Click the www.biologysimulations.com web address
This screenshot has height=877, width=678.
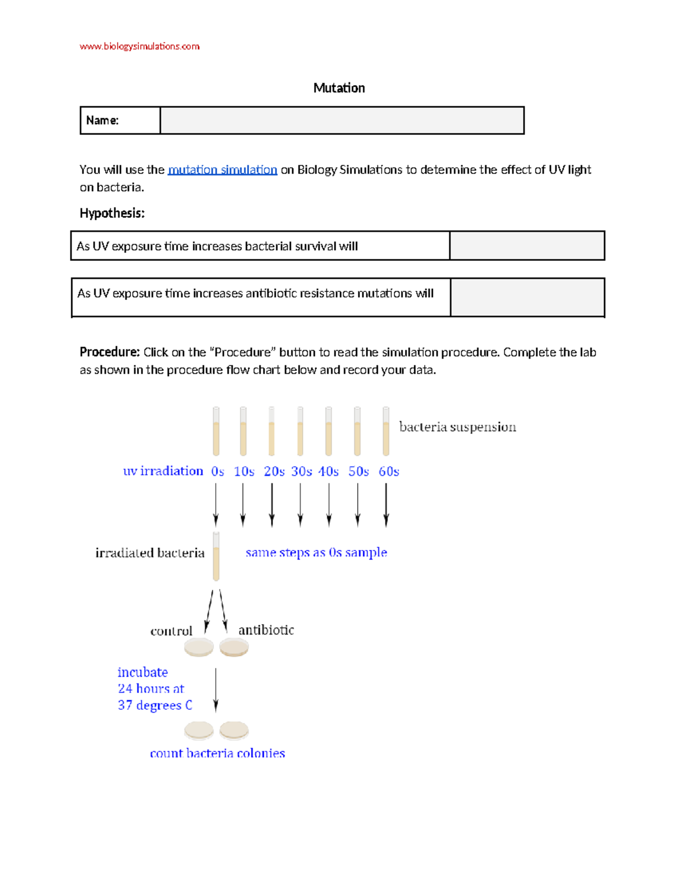click(139, 46)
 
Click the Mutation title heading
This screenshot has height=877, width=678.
click(339, 88)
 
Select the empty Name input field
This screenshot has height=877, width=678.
click(342, 120)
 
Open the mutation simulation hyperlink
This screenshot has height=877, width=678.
click(222, 169)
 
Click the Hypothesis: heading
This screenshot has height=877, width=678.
click(112, 213)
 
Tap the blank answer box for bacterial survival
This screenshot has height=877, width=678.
click(527, 246)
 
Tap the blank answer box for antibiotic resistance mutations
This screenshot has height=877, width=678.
click(527, 297)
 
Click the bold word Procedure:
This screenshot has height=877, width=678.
click(110, 352)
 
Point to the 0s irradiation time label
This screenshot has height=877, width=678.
click(218, 471)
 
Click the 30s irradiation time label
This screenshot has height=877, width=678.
click(301, 471)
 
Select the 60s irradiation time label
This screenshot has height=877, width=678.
click(389, 471)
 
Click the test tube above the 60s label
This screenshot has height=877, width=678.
click(386, 431)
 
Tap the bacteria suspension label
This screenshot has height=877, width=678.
click(457, 427)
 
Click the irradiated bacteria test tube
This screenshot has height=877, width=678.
click(216, 556)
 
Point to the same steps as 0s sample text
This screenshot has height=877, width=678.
click(316, 552)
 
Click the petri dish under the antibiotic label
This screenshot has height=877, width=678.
click(234, 647)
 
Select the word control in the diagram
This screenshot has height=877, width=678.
click(171, 631)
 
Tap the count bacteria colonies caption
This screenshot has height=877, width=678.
click(217, 753)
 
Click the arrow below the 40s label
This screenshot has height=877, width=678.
click(329, 504)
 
